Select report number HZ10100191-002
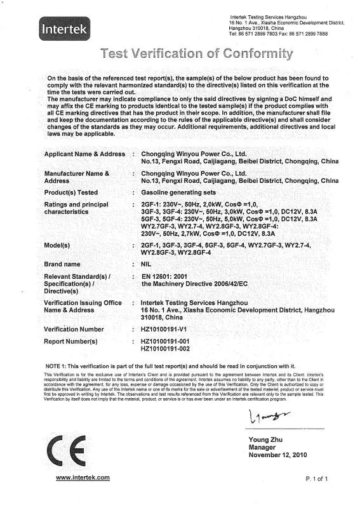165,349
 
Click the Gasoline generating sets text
178,192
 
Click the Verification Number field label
74,330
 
